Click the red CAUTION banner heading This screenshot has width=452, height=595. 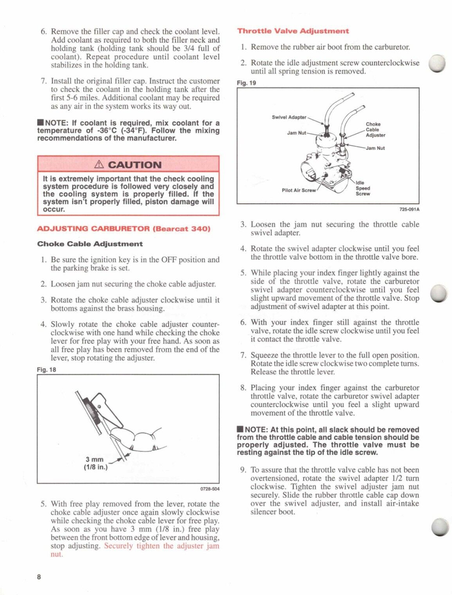click(128, 165)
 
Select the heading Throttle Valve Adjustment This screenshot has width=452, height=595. click(293, 30)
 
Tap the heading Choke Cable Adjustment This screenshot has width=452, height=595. click(90, 244)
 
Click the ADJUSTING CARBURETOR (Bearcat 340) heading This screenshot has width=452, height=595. click(124, 229)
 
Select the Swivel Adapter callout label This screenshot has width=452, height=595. click(290, 117)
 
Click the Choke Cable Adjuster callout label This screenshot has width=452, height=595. click(375, 129)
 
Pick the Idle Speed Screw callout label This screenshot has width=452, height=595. click(363, 188)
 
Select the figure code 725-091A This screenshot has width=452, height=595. click(407, 209)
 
